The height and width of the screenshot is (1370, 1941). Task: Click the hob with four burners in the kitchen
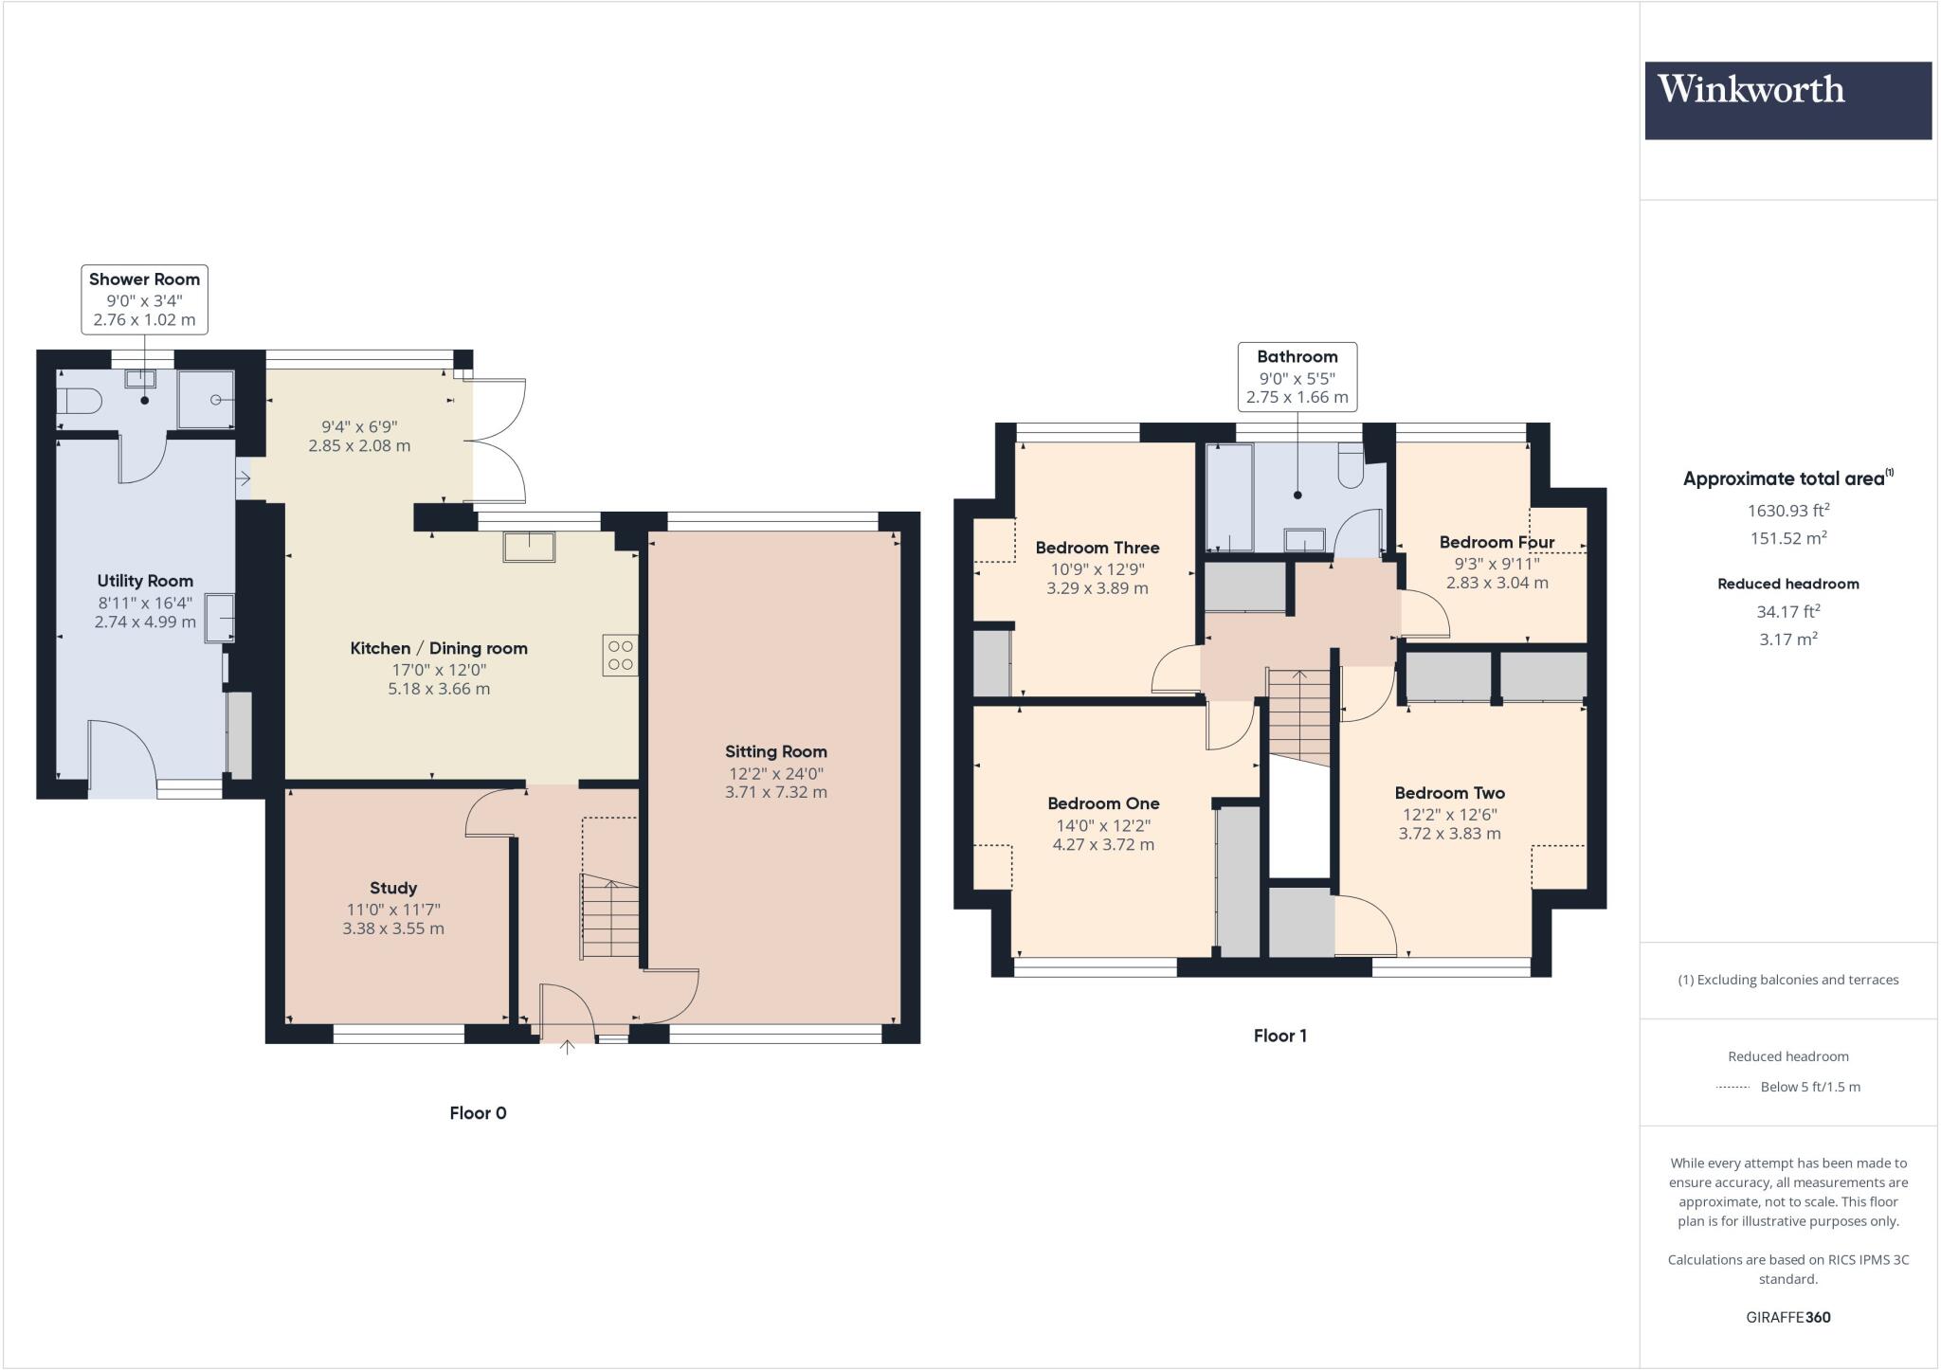pos(620,655)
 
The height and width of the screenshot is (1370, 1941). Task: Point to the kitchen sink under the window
pos(530,548)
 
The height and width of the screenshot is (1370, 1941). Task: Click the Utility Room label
pos(145,581)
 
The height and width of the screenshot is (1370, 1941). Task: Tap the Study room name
pos(393,888)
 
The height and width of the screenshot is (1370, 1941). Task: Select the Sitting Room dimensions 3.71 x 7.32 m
pos(775,792)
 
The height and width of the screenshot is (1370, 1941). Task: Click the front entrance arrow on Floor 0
pos(568,1047)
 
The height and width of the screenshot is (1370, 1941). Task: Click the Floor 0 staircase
pos(610,917)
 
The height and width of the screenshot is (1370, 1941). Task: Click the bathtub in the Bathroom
pos(1228,496)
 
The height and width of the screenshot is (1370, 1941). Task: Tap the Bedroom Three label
pos(1097,548)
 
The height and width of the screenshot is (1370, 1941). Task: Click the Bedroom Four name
pos(1497,542)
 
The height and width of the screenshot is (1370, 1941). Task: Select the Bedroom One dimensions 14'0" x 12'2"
pos(1103,824)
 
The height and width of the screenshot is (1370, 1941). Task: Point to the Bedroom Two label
pos(1449,793)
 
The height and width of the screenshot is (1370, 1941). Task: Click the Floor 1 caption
pos(1279,1036)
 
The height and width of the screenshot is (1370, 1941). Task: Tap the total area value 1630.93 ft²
pos(1787,511)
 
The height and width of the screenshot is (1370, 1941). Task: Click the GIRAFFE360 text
pos(1787,1317)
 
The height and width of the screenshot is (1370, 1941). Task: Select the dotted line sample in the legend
pos(1732,1087)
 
